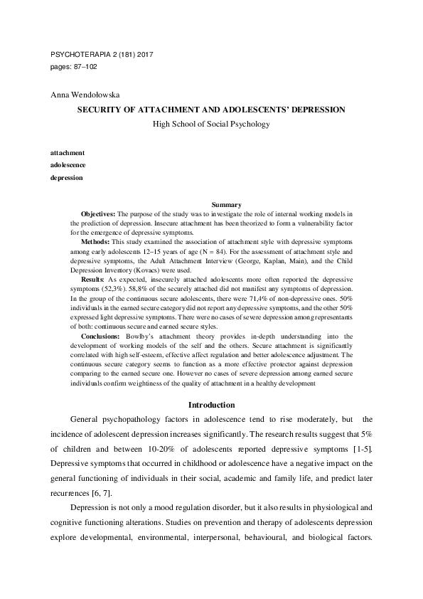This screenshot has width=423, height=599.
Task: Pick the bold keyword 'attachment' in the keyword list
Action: pos(68,153)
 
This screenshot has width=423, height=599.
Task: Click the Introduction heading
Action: pos(211,405)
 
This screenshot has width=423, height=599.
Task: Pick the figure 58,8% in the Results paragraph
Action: pos(138,290)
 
